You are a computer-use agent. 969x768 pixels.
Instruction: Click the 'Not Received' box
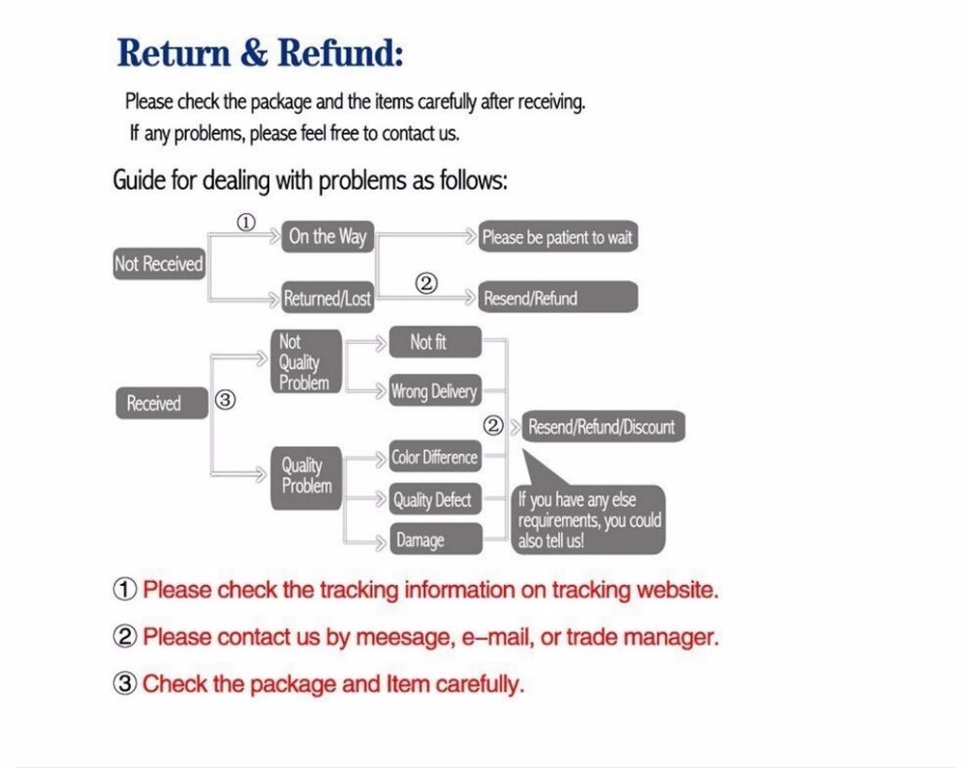coord(159,263)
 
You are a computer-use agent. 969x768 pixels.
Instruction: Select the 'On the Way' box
coord(328,236)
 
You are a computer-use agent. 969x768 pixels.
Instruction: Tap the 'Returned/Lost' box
coord(328,298)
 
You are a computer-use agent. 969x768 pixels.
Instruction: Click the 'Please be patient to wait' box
coord(558,236)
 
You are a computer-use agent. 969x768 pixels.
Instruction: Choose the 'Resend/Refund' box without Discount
coord(558,297)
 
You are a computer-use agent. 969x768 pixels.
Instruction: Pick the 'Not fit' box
coord(435,342)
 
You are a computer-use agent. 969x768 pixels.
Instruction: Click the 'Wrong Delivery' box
coord(435,390)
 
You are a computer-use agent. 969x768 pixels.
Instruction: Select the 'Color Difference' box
coord(435,456)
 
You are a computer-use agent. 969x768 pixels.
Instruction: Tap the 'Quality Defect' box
coord(435,499)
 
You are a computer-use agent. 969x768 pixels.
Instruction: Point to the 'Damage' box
coord(435,538)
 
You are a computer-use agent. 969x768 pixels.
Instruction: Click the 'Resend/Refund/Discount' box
coord(603,426)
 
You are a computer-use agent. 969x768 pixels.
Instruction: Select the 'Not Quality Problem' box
coord(306,361)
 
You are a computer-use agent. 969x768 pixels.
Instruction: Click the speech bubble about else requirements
coord(589,519)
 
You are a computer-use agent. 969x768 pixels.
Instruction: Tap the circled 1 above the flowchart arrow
coord(246,223)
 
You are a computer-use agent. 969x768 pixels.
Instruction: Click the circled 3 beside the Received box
coord(226,400)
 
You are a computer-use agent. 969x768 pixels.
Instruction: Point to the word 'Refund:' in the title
coord(340,52)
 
